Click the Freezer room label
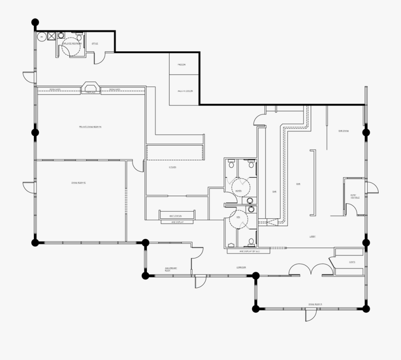click(181, 65)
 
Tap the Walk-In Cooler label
click(185, 91)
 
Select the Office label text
click(94, 44)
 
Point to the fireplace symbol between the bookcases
click(91, 87)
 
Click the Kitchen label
click(172, 167)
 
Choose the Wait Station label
click(176, 216)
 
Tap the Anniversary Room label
click(171, 269)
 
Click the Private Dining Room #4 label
click(91, 127)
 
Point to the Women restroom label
click(238, 191)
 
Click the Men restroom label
click(238, 217)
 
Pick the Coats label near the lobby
click(352, 262)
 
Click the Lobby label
click(313, 237)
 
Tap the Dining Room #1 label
click(315, 304)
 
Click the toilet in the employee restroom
click(79, 37)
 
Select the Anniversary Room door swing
click(200, 281)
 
